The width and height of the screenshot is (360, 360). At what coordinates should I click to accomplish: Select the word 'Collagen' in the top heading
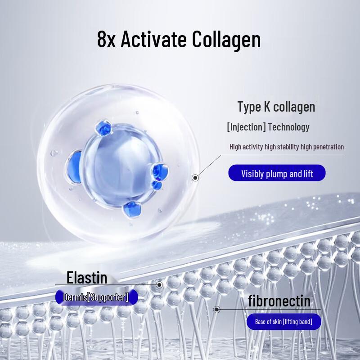click(226, 39)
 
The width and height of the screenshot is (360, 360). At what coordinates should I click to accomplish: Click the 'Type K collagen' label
click(276, 107)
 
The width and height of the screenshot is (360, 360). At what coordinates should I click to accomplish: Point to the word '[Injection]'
click(246, 127)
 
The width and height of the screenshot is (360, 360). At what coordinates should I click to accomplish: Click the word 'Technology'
click(288, 127)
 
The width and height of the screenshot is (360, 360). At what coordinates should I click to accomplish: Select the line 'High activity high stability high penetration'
click(286, 147)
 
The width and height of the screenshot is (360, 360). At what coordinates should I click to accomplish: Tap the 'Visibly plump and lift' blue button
click(277, 173)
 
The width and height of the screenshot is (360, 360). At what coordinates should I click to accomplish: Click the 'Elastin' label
click(87, 277)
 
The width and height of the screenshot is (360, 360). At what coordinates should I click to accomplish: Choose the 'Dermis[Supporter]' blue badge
click(96, 297)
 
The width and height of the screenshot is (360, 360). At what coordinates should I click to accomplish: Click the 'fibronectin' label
click(279, 300)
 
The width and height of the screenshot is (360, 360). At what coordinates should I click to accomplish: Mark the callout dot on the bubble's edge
click(195, 178)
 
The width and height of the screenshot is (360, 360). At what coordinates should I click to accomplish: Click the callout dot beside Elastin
click(159, 285)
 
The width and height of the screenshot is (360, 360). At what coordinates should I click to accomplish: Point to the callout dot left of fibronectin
click(217, 310)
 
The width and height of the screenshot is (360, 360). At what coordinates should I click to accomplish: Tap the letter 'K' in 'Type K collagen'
click(266, 107)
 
